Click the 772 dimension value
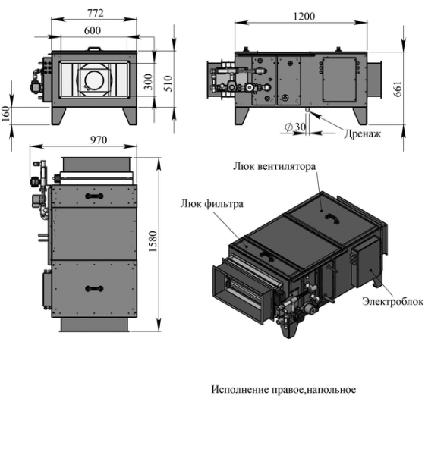click(95, 13)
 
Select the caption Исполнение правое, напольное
click(283, 390)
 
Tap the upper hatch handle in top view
click(93, 196)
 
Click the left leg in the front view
click(60, 113)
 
